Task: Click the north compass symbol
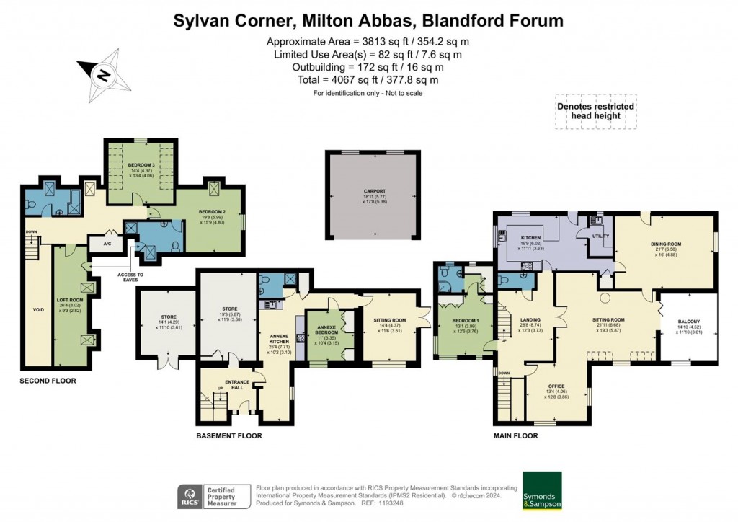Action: [102, 74]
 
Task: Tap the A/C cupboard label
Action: [107, 243]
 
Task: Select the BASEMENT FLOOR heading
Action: [229, 435]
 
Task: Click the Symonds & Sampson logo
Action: [542, 491]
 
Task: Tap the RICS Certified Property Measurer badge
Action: [214, 496]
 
